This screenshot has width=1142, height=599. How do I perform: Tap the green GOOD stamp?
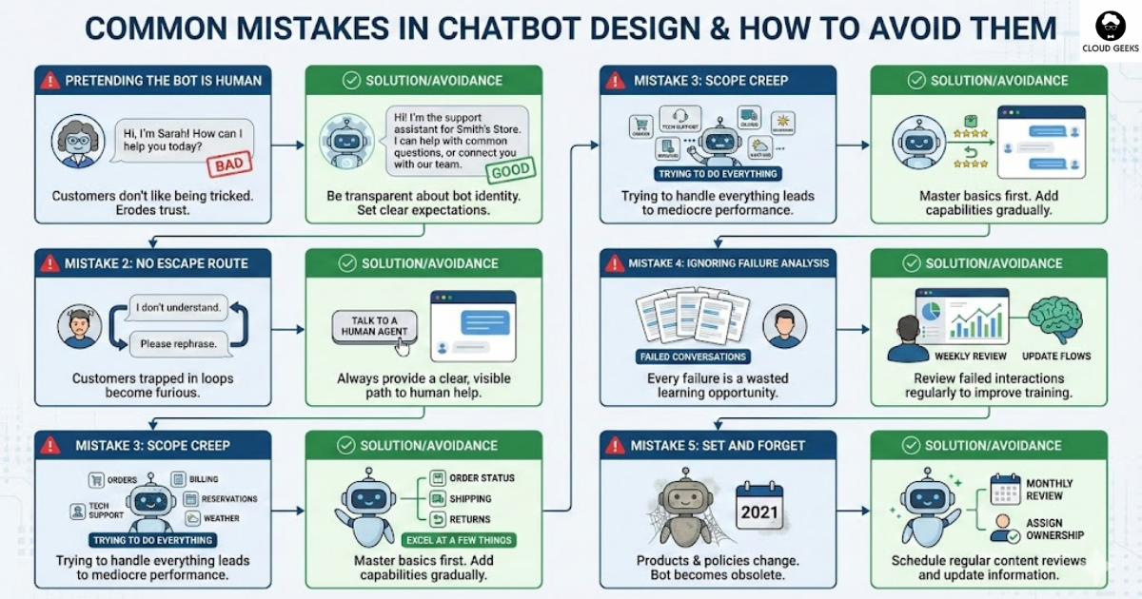[x=510, y=172]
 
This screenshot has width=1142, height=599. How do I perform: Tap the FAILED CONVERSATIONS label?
[x=692, y=357]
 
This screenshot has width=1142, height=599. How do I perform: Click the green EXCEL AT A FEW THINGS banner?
[x=460, y=540]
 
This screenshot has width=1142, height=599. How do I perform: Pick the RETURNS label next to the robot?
[x=470, y=519]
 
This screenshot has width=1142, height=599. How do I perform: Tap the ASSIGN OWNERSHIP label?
[x=1055, y=530]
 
